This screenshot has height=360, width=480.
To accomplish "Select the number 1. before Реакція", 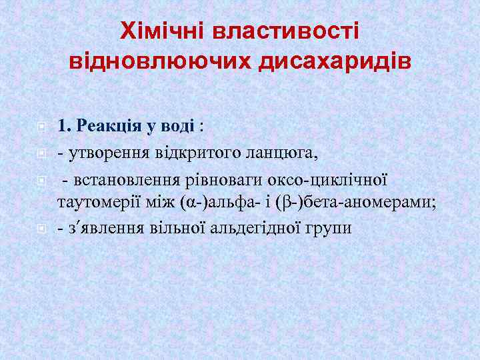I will [65, 125].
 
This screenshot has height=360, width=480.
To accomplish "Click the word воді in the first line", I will [180, 125].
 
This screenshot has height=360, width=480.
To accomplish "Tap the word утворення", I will [100, 154].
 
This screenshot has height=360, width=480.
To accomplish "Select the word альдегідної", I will [248, 228].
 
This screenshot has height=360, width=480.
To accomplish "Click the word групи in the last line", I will [322, 228].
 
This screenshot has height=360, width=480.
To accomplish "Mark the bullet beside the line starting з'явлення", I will [41, 228].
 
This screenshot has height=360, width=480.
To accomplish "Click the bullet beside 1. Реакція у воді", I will [41, 126].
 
